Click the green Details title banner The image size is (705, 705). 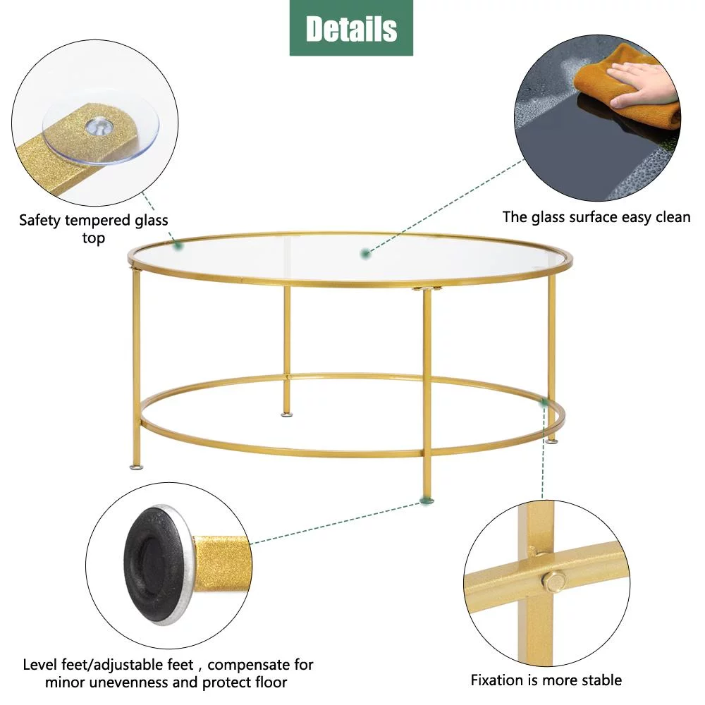tap(351, 28)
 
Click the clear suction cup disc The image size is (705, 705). tap(101, 131)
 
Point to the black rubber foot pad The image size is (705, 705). tap(152, 563)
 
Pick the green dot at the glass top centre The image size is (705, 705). tap(366, 254)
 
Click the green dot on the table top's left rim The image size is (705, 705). tap(178, 245)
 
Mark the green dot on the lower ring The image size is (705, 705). tap(544, 402)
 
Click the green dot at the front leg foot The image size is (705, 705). tap(427, 500)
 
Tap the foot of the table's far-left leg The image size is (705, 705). tap(137, 467)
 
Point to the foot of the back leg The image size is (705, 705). tap(286, 414)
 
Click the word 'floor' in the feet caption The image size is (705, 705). tap(271, 682)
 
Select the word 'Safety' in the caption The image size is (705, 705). tap(39, 220)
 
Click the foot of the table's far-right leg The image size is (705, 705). tap(552, 441)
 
